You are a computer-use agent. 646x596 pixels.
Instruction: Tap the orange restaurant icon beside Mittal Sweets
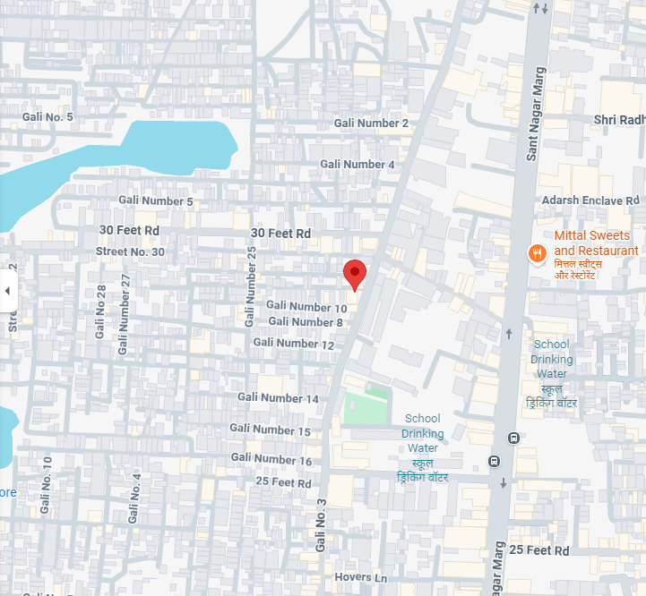(x=538, y=253)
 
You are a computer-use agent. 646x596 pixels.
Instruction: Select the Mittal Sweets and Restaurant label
(x=596, y=243)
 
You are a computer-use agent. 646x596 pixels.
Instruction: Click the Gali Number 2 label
(x=371, y=123)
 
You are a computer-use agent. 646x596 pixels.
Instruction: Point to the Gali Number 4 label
(x=357, y=165)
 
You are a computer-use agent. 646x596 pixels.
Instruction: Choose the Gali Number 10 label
(x=306, y=307)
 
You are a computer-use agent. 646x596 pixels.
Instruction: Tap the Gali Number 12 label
(x=293, y=344)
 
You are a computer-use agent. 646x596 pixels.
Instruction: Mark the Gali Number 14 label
(x=278, y=398)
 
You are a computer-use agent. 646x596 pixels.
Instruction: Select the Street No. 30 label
(x=130, y=252)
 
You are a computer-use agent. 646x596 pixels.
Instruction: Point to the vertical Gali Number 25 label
(x=251, y=285)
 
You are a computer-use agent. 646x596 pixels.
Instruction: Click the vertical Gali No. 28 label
(x=100, y=311)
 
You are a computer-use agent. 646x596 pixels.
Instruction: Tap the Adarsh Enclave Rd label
(x=590, y=200)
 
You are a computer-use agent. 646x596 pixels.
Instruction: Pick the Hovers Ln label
(x=360, y=577)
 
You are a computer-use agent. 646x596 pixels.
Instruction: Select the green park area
(x=366, y=406)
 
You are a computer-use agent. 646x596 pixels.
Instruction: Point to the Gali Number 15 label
(x=270, y=430)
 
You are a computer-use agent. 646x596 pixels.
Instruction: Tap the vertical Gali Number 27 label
(x=124, y=313)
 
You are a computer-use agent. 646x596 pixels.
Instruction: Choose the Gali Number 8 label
(x=306, y=322)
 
